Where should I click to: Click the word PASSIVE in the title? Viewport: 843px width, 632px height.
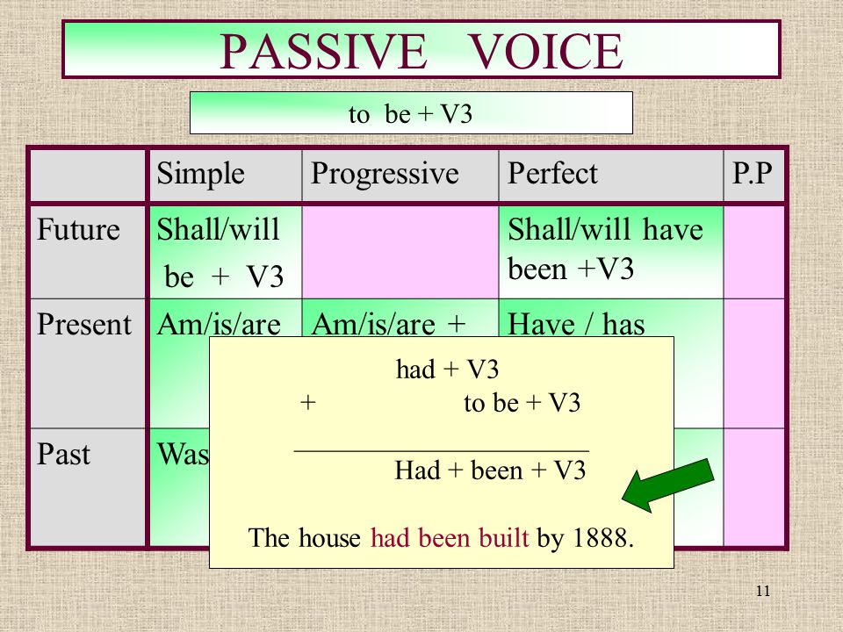[322, 51]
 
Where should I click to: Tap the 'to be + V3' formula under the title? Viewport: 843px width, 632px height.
[410, 114]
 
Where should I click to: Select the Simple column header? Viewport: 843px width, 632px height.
[200, 174]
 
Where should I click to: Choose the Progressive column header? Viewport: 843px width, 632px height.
[385, 174]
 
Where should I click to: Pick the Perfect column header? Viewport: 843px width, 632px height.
[552, 173]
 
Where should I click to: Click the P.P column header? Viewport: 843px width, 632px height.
[753, 173]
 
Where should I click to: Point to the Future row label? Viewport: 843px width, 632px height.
[78, 229]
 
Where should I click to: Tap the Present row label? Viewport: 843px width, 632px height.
[84, 324]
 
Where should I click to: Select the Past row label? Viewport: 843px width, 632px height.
[63, 454]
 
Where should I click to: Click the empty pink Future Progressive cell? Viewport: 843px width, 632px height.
[400, 251]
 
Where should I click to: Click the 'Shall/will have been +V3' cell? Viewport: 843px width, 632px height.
[611, 251]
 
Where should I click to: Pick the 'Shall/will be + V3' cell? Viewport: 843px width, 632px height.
[225, 251]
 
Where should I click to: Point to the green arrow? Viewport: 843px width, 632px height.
[668, 485]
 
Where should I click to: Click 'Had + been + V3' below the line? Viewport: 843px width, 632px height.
[490, 470]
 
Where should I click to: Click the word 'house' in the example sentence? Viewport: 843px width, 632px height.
[329, 537]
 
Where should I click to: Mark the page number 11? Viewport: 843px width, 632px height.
[763, 591]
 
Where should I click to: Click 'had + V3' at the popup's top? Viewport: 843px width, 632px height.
[447, 370]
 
